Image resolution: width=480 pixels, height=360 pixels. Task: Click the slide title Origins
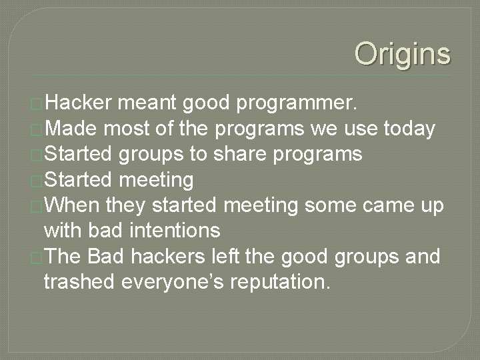coord(402,54)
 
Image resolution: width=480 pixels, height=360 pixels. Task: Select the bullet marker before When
coord(37,207)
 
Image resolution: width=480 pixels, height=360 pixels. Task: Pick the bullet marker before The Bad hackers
coord(37,257)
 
